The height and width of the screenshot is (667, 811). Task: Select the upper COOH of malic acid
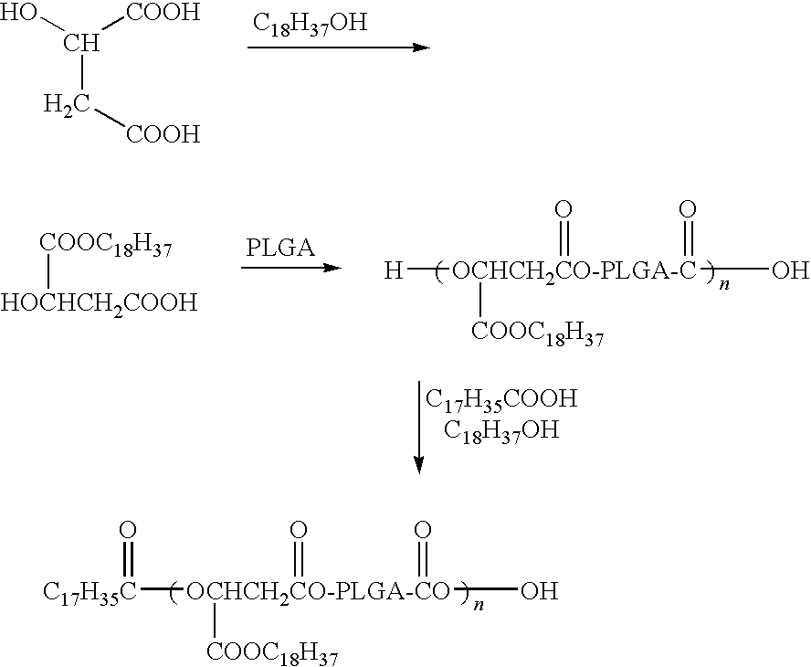click(163, 12)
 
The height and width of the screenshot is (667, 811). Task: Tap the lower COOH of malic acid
click(163, 134)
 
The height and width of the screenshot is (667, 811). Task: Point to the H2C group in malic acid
click(66, 105)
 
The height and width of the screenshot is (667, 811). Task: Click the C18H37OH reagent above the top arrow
click(310, 24)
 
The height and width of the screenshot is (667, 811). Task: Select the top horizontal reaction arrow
click(338, 48)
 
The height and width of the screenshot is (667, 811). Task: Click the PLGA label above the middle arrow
click(280, 248)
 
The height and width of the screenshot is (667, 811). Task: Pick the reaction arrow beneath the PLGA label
click(291, 268)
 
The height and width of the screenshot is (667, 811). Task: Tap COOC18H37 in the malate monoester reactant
click(106, 244)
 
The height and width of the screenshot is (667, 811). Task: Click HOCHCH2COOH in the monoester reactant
click(100, 302)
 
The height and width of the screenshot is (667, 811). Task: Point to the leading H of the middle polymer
click(393, 270)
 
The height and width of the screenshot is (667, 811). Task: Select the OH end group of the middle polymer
click(790, 270)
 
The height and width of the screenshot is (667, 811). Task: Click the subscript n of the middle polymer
click(724, 284)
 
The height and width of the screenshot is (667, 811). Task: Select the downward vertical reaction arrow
click(419, 428)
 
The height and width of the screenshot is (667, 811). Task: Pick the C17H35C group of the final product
click(90, 592)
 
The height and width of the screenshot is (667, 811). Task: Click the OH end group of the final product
click(540, 590)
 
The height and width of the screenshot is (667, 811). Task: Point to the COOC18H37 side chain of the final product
click(272, 653)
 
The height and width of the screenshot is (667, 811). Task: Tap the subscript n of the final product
click(479, 604)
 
